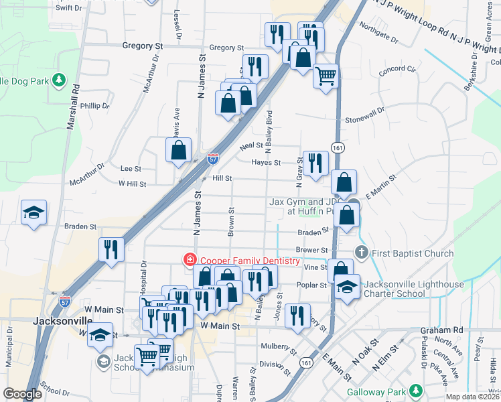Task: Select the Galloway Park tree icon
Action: click(x=416, y=390)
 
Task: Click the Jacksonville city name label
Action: click(x=62, y=321)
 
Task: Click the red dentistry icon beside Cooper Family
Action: click(x=190, y=260)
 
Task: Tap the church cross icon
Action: click(x=362, y=253)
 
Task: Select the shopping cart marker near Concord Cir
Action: click(x=326, y=76)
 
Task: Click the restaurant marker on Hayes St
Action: click(x=314, y=162)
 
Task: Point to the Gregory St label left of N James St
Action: click(x=143, y=46)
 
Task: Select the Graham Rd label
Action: click(x=441, y=330)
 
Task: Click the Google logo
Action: click(x=22, y=395)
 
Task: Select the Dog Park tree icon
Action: click(x=60, y=80)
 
